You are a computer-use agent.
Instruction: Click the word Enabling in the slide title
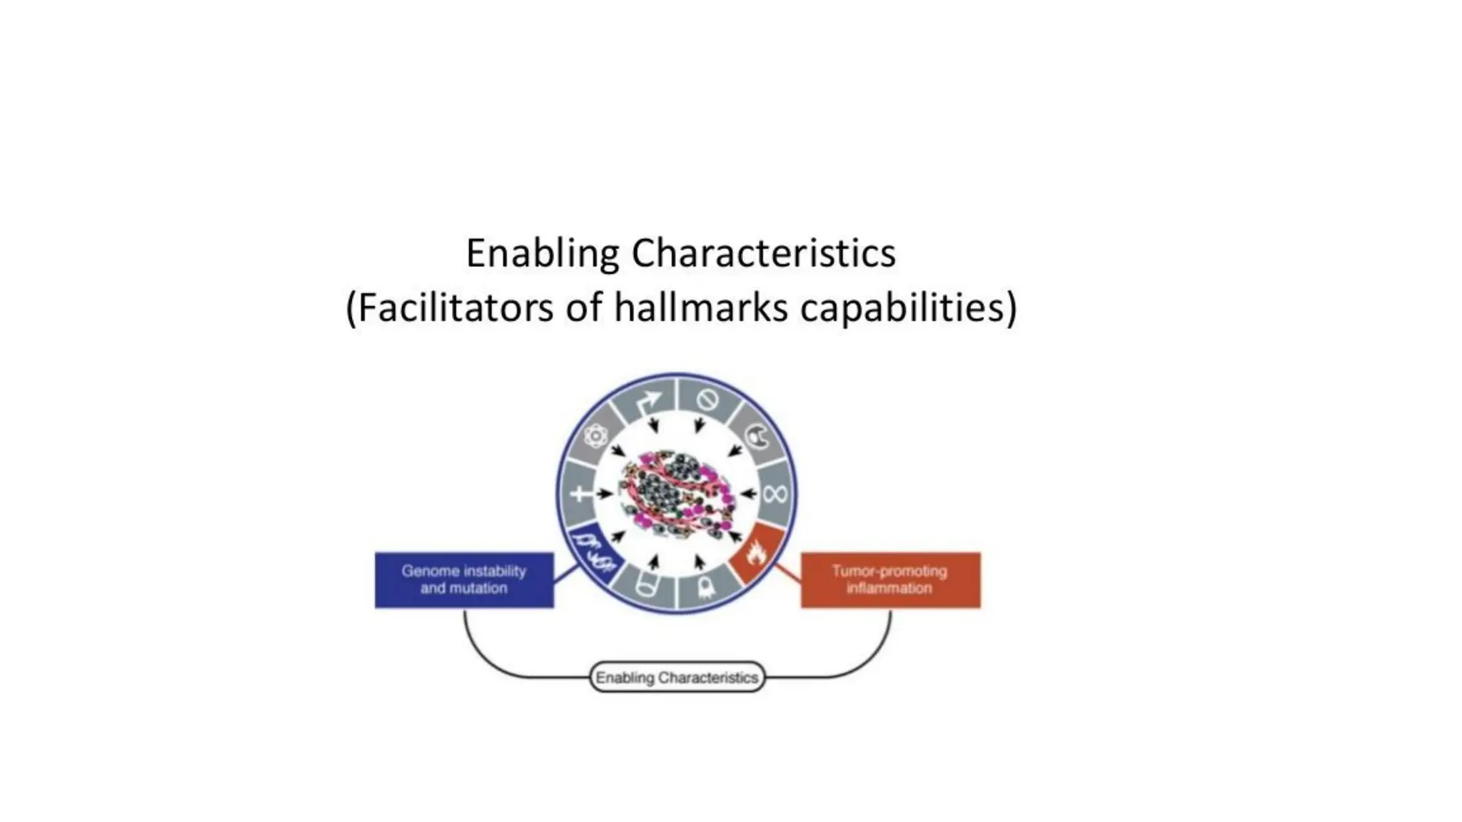[x=543, y=254]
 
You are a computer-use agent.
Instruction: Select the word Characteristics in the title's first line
[x=763, y=254]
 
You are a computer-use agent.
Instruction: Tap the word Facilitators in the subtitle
[x=455, y=308]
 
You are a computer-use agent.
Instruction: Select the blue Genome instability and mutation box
[x=464, y=580]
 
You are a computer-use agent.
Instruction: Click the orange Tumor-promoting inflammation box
[x=890, y=580]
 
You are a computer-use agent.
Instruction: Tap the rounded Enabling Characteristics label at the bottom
[x=677, y=677]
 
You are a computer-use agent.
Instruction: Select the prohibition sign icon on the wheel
[x=707, y=400]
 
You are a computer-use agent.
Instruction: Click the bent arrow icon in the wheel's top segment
[x=648, y=404]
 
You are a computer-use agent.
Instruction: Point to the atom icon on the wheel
[x=595, y=436]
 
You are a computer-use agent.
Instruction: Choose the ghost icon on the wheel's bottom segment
[x=705, y=587]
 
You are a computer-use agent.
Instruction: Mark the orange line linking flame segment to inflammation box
[x=787, y=572]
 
